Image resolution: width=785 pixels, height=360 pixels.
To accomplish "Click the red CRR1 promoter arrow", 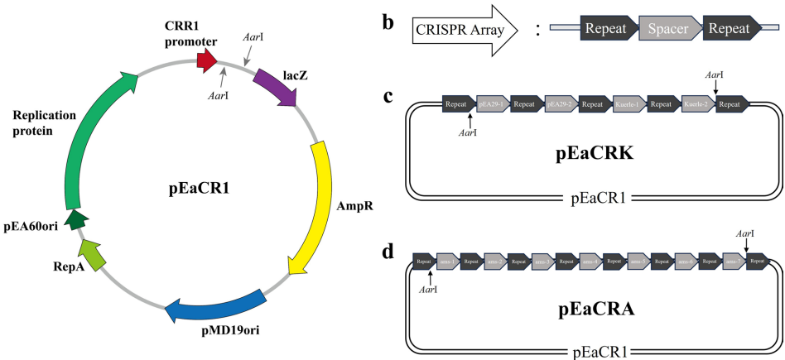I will (x=206, y=60).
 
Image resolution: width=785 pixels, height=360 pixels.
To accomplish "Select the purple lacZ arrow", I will (x=276, y=87).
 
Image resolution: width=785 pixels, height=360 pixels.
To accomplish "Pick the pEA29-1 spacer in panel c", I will (x=493, y=105).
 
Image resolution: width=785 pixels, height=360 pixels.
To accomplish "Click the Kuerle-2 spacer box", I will (x=698, y=105).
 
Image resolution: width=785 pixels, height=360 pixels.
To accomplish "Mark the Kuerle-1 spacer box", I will (x=629, y=105).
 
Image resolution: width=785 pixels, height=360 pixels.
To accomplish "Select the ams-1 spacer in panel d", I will (x=448, y=261).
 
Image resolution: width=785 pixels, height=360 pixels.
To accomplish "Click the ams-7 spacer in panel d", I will (x=734, y=261).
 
